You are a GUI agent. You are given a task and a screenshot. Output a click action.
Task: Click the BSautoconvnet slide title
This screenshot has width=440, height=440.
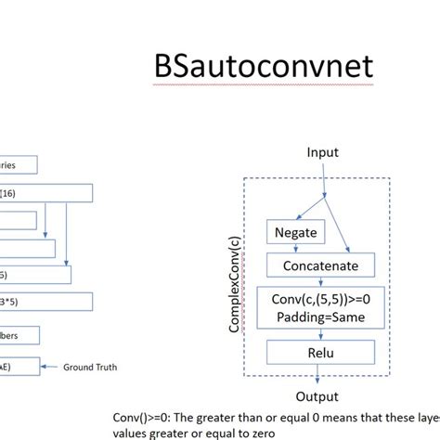click(x=265, y=66)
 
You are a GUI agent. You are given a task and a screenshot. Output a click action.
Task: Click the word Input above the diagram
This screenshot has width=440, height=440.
click(x=322, y=152)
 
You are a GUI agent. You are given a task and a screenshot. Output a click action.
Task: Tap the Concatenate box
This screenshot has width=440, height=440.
click(x=319, y=266)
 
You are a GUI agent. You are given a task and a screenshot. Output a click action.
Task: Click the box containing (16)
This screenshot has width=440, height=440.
click(x=46, y=193)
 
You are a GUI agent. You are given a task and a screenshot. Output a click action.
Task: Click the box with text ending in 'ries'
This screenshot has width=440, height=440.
click(x=19, y=165)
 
